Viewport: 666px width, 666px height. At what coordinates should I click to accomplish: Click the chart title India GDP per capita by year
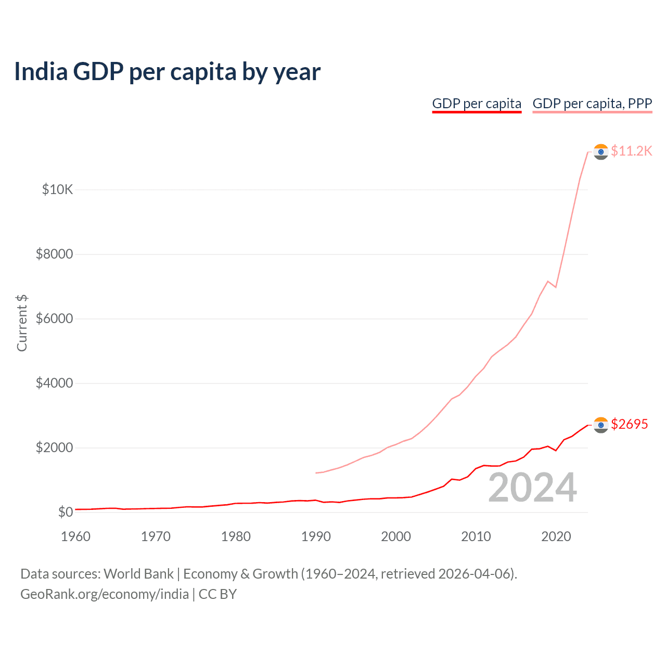click(167, 72)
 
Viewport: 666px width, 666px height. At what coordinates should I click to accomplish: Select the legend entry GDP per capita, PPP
click(592, 104)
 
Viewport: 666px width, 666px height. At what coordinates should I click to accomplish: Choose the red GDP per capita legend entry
click(477, 104)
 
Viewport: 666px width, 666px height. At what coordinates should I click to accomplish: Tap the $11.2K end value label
click(631, 151)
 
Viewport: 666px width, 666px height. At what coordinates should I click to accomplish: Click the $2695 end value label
click(629, 424)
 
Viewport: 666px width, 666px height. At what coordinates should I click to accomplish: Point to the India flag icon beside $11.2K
click(601, 151)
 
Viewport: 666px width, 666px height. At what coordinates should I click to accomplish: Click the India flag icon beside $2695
click(601, 425)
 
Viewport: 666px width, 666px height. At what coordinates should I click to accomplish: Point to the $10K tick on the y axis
click(57, 189)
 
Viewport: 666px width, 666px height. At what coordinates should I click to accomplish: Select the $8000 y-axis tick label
click(54, 254)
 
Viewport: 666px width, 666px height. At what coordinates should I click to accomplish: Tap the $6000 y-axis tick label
click(54, 318)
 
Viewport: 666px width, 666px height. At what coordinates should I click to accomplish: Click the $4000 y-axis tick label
click(54, 383)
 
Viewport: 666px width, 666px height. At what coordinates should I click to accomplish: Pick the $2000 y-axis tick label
click(54, 447)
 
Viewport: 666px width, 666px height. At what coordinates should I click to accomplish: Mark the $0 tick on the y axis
click(65, 512)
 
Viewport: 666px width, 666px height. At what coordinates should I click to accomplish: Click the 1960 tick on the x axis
click(76, 536)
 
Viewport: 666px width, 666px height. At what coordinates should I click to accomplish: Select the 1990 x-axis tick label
click(316, 536)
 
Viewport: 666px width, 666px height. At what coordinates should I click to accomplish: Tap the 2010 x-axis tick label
click(476, 536)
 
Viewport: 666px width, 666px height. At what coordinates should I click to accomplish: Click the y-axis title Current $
click(22, 323)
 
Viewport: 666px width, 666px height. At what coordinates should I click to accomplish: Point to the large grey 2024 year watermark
click(532, 488)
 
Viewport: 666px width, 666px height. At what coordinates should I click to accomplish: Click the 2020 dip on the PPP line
click(556, 287)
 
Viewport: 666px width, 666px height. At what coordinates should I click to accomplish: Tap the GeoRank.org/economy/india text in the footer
click(105, 594)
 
